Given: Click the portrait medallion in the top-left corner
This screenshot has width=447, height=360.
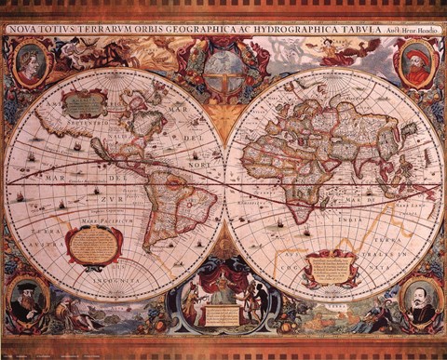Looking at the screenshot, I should point(31,63).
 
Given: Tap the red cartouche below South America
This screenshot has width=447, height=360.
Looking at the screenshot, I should point(95,245).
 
